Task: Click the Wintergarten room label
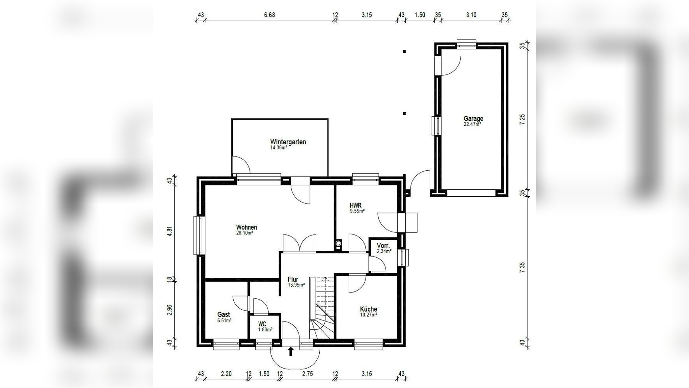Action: click(x=288, y=142)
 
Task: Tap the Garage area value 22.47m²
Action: click(x=472, y=125)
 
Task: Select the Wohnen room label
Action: click(x=246, y=227)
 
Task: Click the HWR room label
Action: click(x=355, y=206)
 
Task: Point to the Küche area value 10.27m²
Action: click(x=369, y=315)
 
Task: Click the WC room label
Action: click(x=262, y=324)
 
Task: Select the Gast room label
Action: click(x=223, y=315)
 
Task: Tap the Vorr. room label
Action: click(x=383, y=246)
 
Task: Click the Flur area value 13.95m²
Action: click(x=296, y=285)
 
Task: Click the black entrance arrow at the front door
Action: click(x=291, y=352)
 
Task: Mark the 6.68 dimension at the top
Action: click(x=269, y=15)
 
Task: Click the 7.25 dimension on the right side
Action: click(x=522, y=119)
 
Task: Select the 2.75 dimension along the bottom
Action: click(x=307, y=374)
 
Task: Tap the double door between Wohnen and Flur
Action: click(x=300, y=244)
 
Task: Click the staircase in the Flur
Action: click(x=324, y=307)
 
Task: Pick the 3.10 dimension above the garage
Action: click(x=471, y=15)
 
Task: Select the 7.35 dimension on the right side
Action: click(x=522, y=268)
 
